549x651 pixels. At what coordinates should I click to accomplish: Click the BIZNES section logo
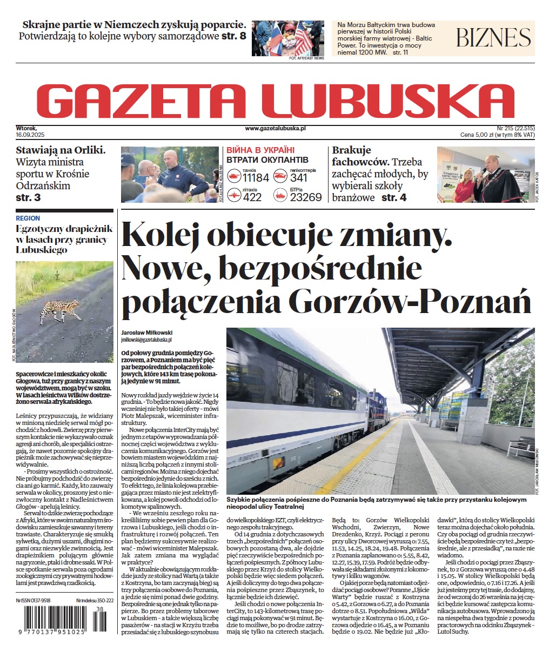tap(493, 38)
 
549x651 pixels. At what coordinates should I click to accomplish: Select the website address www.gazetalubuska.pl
tap(275, 128)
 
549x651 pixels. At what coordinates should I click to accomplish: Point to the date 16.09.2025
tap(32, 134)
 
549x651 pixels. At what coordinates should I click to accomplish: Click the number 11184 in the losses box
tap(256, 178)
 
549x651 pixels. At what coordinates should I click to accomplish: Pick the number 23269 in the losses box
tap(306, 197)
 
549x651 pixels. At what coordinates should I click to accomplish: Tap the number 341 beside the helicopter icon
tap(299, 178)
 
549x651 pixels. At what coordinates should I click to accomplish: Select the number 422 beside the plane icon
tap(252, 197)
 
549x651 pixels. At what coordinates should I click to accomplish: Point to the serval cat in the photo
tap(59, 309)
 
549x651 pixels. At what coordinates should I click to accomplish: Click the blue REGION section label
tap(28, 218)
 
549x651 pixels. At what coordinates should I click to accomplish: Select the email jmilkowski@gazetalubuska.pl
tap(146, 340)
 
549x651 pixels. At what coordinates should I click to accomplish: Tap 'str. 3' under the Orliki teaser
tap(28, 198)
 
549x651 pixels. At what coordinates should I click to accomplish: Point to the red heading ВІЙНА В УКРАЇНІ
tap(260, 150)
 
